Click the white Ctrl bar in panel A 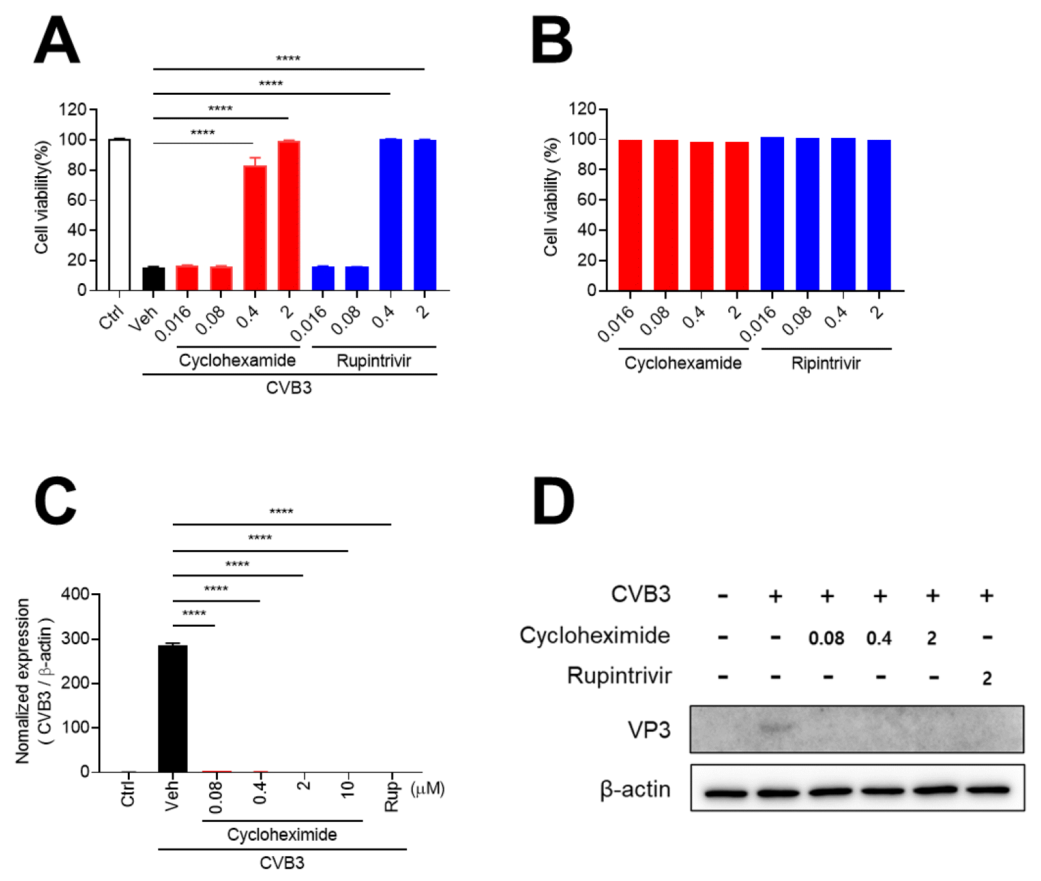click(x=119, y=215)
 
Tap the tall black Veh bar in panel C click(x=172, y=709)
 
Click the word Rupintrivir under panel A click(x=373, y=361)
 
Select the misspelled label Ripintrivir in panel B click(x=825, y=364)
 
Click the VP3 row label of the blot click(x=648, y=730)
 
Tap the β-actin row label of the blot click(x=635, y=789)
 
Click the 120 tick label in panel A click(x=73, y=109)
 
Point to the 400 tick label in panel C click(x=75, y=595)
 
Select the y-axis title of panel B click(x=551, y=197)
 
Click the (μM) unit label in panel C click(x=428, y=788)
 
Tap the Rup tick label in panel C click(x=391, y=796)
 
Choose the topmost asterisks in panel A click(x=288, y=59)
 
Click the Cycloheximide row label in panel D click(x=594, y=636)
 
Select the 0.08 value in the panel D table click(x=826, y=638)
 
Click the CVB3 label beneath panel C click(x=282, y=863)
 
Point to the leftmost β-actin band click(x=726, y=794)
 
